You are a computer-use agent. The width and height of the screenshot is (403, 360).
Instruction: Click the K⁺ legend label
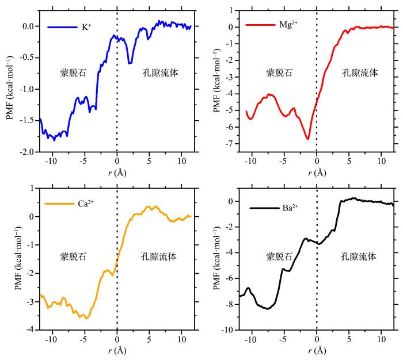coord(87,26)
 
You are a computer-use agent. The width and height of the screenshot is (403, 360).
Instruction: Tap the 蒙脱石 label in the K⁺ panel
coord(73,73)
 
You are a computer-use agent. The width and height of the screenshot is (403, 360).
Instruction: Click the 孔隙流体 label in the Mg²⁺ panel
coord(360,73)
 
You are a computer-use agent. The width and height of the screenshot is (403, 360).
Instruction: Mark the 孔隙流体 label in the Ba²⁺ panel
coord(358,256)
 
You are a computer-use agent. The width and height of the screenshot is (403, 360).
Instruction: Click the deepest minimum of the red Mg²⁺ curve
coord(308,139)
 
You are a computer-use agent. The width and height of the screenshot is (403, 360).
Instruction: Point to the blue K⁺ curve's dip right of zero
coord(130,63)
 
